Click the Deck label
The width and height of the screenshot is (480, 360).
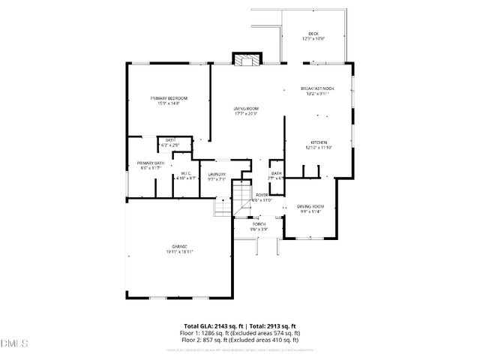pyautogui.click(x=313, y=34)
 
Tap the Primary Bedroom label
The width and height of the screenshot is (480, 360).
pyautogui.click(x=168, y=98)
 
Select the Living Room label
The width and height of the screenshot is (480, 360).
pyautogui.click(x=245, y=109)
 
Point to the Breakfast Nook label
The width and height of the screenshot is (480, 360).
pyautogui.click(x=318, y=88)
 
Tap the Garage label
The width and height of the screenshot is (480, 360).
pyautogui.click(x=179, y=247)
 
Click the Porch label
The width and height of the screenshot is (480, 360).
pyautogui.click(x=259, y=223)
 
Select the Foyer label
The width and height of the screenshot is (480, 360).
pyautogui.click(x=262, y=195)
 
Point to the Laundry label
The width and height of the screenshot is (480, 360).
pyautogui.click(x=217, y=174)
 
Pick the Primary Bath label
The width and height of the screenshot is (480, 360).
pyautogui.click(x=150, y=163)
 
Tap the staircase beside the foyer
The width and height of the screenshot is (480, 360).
pyautogui.click(x=241, y=198)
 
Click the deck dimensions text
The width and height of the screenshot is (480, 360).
pyautogui.click(x=313, y=39)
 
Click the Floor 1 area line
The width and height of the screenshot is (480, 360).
pyautogui.click(x=240, y=333)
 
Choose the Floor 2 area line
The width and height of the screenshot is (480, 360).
pyautogui.click(x=240, y=339)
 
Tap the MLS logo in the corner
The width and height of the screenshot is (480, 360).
pyautogui.click(x=14, y=343)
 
